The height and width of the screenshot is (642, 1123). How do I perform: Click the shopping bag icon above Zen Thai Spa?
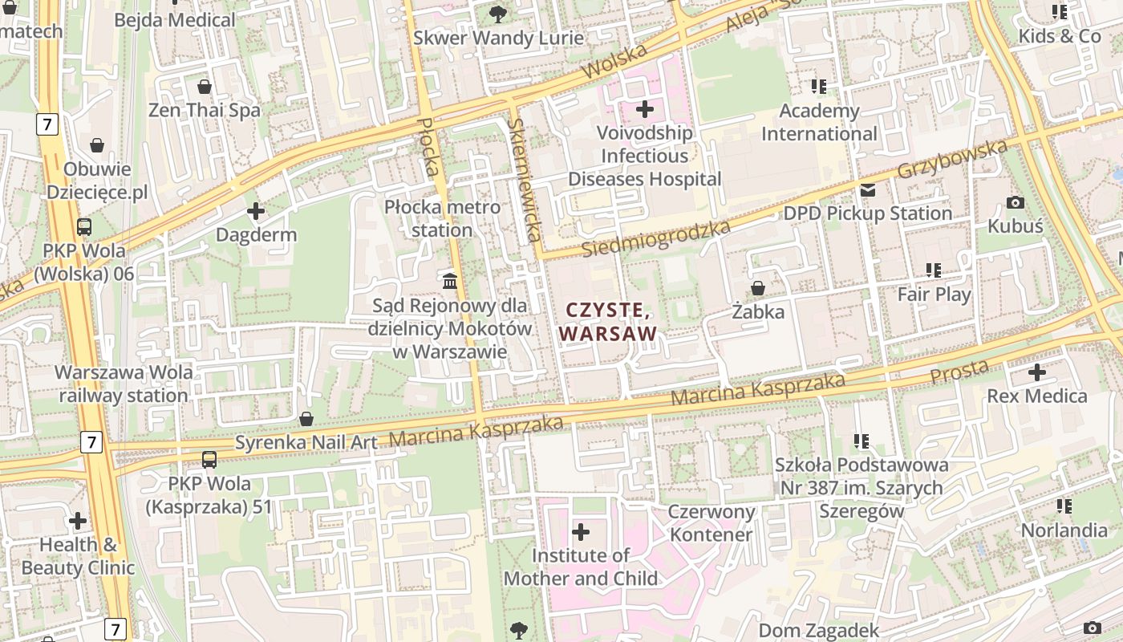(205, 87)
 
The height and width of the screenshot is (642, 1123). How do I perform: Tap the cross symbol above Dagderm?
(256, 212)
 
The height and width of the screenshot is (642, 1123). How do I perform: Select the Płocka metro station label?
(442, 218)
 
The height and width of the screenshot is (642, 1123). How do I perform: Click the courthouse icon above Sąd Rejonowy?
(450, 281)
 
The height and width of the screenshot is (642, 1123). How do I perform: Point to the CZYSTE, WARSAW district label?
(608, 321)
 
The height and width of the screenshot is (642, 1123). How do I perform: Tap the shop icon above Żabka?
(757, 287)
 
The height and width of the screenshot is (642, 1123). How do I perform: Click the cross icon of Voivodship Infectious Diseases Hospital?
(645, 108)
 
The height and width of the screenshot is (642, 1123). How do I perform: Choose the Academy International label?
(819, 122)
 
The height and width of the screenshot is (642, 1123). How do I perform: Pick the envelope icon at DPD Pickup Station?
(868, 190)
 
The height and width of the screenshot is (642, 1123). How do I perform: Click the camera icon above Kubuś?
(1016, 203)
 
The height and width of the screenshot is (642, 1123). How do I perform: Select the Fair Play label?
(934, 295)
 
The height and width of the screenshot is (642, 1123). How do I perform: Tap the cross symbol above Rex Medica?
(1037, 372)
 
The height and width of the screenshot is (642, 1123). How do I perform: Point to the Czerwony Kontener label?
(712, 523)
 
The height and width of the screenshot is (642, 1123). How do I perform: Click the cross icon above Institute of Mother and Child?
(581, 531)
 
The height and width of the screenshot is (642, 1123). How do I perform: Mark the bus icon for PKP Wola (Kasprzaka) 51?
(209, 460)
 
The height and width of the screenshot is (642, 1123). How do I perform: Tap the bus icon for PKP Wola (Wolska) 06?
(84, 227)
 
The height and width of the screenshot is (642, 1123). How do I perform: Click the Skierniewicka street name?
(524, 180)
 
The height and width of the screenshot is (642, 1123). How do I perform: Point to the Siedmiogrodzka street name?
(656, 238)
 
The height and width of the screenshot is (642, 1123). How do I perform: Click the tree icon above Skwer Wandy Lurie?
(498, 14)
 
